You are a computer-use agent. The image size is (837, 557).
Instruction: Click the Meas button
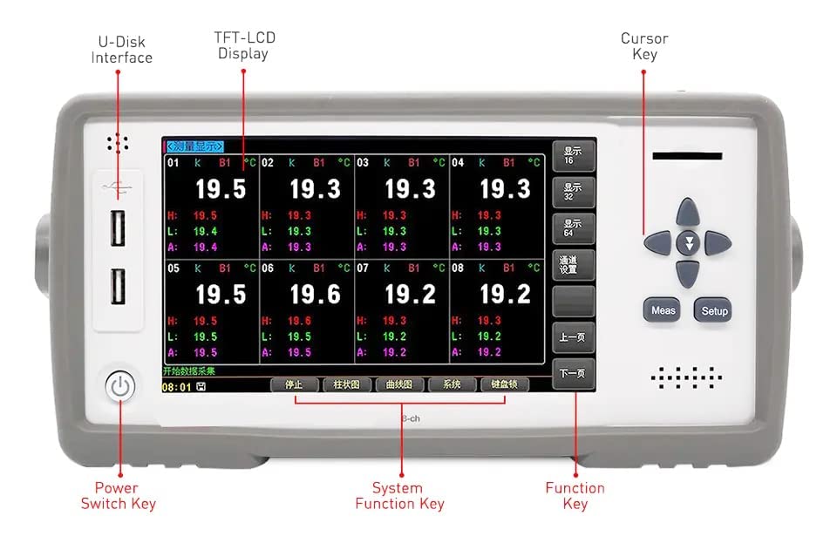[x=663, y=310]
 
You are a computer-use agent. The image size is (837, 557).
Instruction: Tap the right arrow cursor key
[x=717, y=243]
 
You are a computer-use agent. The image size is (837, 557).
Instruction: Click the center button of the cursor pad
[x=689, y=244]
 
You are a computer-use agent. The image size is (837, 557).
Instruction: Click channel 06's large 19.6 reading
[x=315, y=294]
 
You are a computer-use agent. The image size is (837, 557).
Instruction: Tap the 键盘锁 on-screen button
[x=505, y=384]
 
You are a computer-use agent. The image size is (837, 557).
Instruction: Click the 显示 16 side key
[x=573, y=155]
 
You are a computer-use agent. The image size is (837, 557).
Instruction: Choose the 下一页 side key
[x=573, y=374]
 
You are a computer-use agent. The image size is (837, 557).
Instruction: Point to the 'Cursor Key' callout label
[x=644, y=46]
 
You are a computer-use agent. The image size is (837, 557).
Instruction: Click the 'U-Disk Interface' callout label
[x=121, y=50]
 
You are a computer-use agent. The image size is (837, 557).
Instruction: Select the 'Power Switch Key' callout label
[x=118, y=495]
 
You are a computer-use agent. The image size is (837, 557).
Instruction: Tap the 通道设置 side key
[x=573, y=264]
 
